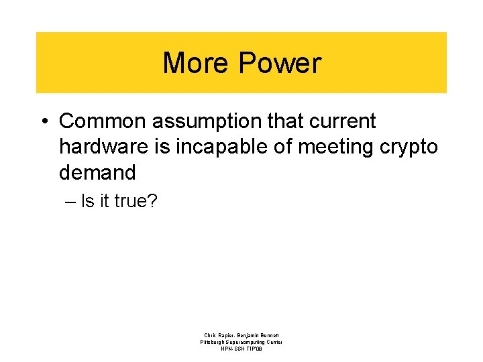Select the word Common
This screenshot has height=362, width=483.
point(103,121)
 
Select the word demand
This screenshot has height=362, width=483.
point(97,172)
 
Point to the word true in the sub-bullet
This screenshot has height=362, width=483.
point(130,200)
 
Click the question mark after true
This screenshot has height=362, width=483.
point(152,200)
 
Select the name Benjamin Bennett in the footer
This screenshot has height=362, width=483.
point(259,335)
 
